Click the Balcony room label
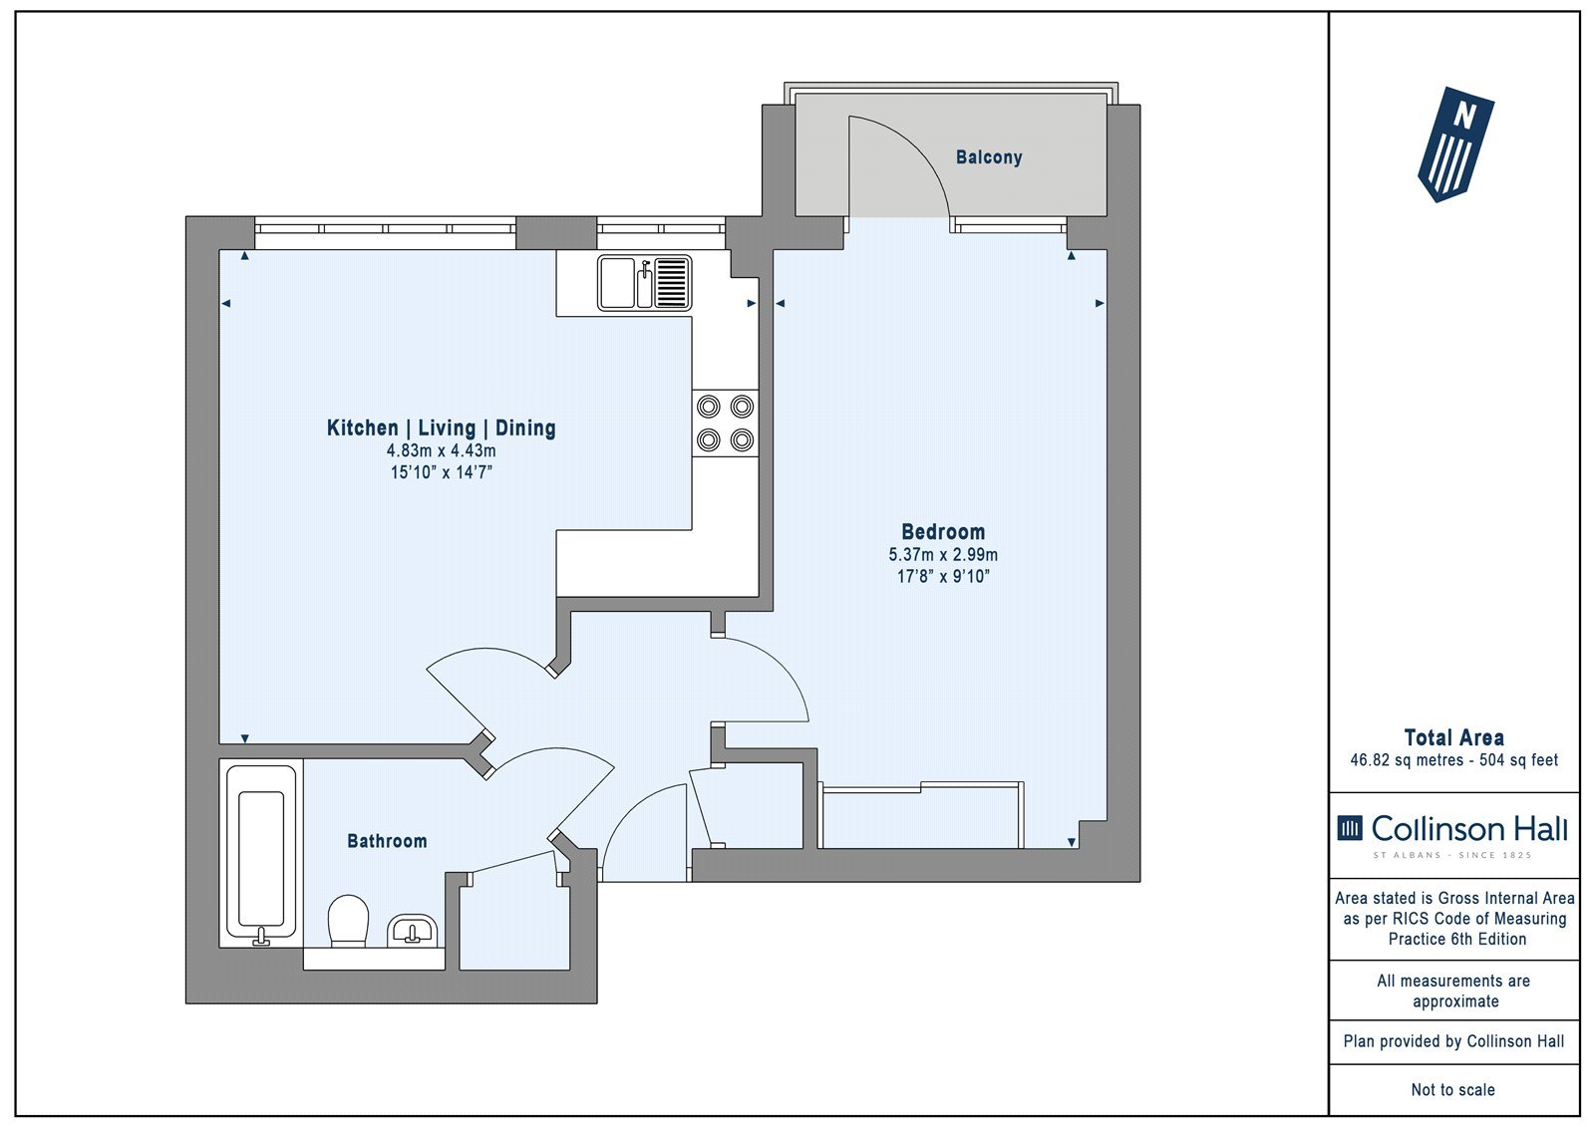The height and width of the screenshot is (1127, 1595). click(988, 157)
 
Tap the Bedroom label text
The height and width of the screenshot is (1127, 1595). click(943, 532)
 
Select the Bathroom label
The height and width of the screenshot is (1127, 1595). click(387, 841)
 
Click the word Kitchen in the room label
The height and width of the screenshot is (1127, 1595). click(363, 427)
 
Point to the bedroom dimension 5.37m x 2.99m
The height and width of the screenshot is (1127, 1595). click(943, 555)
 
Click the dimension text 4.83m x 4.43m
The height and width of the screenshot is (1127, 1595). click(441, 450)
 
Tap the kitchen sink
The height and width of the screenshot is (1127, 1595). click(644, 283)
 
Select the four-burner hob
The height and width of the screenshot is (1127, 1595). click(725, 423)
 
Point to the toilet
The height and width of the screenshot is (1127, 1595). click(348, 921)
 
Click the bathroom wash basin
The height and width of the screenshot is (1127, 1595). click(413, 930)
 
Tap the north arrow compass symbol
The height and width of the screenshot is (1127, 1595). click(1455, 144)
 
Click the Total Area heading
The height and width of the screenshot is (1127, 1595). click(1454, 737)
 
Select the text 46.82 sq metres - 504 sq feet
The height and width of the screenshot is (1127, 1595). click(1454, 760)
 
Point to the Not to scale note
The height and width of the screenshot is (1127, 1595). click(1452, 1090)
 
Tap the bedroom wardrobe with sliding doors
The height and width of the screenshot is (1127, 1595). click(921, 815)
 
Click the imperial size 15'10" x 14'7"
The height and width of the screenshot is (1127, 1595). click(441, 472)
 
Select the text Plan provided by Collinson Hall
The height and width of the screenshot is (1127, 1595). click(1453, 1041)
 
